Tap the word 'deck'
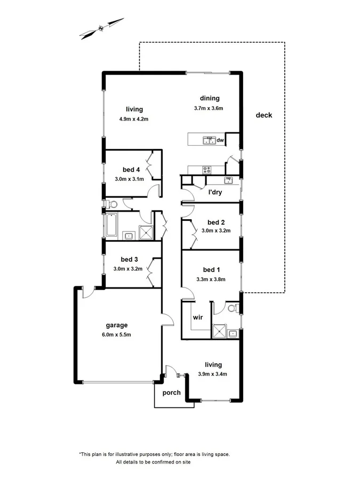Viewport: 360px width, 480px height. [263, 115]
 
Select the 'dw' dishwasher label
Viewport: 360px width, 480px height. [220, 140]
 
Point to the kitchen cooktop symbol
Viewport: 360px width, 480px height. [206, 170]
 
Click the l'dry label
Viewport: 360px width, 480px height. [215, 192]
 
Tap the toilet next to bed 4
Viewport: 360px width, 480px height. [111, 204]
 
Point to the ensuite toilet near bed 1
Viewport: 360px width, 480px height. [232, 308]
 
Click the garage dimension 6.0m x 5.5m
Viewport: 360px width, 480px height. [116, 335]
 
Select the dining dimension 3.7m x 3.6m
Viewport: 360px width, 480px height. [208, 108]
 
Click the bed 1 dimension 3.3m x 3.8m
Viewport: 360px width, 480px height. [211, 279]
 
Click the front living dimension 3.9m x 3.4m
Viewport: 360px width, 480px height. [213, 374]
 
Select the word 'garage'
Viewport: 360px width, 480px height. [116, 325]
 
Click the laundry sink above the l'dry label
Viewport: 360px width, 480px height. [228, 180]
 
